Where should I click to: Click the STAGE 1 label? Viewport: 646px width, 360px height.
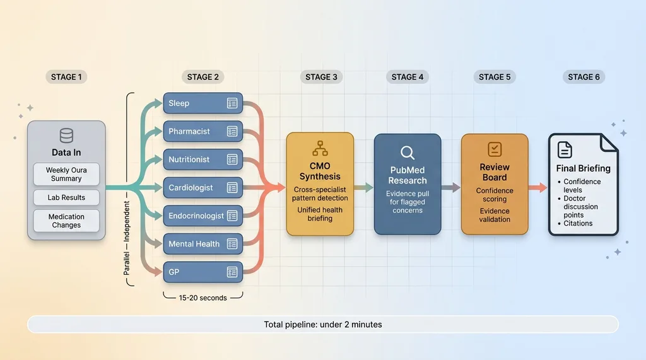(x=66, y=77)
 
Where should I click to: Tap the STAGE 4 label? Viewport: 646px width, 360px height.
(x=408, y=77)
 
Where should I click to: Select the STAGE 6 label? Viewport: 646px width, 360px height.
(x=584, y=77)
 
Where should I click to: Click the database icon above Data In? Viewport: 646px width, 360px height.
(x=66, y=136)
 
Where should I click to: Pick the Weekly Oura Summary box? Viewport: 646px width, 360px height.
(x=66, y=174)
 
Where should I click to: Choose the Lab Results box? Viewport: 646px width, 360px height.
(x=66, y=197)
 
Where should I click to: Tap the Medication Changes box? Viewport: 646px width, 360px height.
(x=66, y=221)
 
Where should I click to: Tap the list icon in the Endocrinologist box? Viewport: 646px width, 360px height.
(x=232, y=216)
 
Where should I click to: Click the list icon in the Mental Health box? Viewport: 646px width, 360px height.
(x=232, y=244)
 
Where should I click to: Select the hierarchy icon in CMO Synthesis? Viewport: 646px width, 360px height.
(x=320, y=149)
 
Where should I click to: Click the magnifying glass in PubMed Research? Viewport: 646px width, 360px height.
(x=408, y=152)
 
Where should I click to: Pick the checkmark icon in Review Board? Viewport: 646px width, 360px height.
(x=495, y=149)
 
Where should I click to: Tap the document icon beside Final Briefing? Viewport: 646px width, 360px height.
(x=565, y=149)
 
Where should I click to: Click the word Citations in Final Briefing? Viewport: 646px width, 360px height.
(x=578, y=223)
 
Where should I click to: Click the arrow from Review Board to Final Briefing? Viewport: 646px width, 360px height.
(x=537, y=187)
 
